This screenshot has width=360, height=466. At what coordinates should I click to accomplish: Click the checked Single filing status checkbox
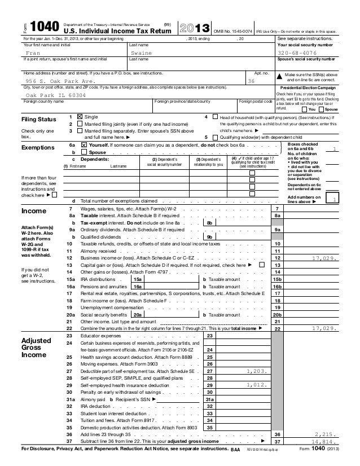coord(78,116)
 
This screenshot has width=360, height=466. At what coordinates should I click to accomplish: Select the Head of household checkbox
coord(214,116)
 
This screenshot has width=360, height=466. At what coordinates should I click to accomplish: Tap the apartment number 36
coord(252,81)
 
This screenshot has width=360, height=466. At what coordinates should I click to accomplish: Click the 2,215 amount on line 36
coord(326,450)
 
